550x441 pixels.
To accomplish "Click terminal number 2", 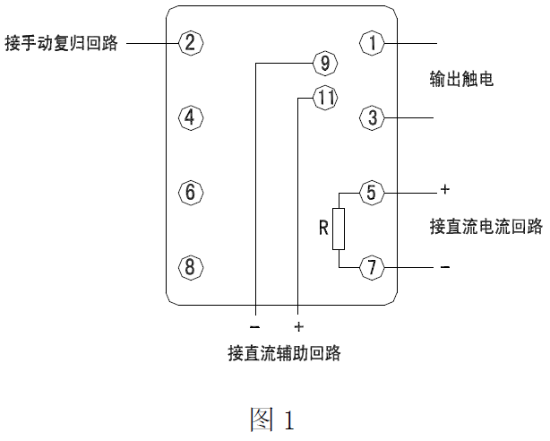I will click(x=191, y=42).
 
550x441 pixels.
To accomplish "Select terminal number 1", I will click(x=372, y=42).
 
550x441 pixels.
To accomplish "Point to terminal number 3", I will click(x=372, y=117).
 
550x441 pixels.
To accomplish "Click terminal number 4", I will click(x=191, y=117).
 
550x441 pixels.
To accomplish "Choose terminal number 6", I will click(x=191, y=192).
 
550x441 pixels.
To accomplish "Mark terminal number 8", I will click(x=191, y=266).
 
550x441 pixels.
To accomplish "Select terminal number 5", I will click(x=372, y=192).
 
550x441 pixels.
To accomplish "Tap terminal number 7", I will click(x=372, y=266).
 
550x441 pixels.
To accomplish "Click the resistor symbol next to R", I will click(x=338, y=229).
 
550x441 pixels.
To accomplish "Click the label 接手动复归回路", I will click(x=62, y=42).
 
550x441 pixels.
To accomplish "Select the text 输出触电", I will click(x=461, y=80).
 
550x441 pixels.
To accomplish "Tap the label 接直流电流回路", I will click(x=486, y=227).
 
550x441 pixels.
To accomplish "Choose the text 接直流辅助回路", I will click(x=284, y=353).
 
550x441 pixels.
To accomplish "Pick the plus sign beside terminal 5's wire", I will click(x=444, y=191).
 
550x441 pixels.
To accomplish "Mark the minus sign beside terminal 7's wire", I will click(x=445, y=267).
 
